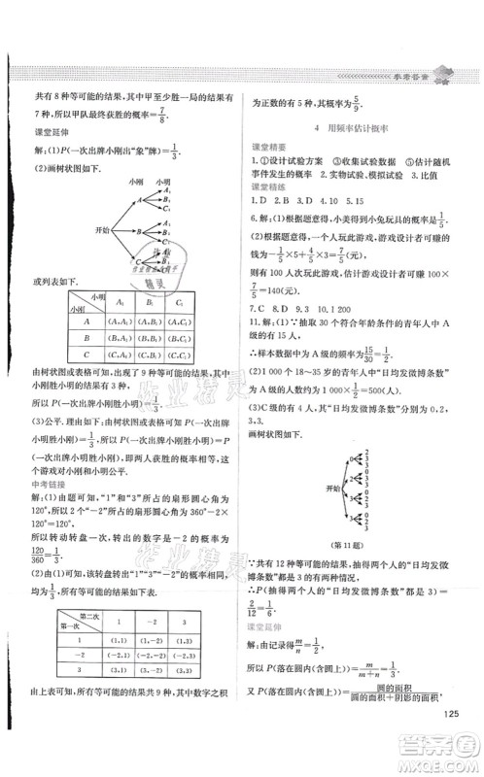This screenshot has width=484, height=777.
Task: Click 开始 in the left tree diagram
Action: click(76, 232)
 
